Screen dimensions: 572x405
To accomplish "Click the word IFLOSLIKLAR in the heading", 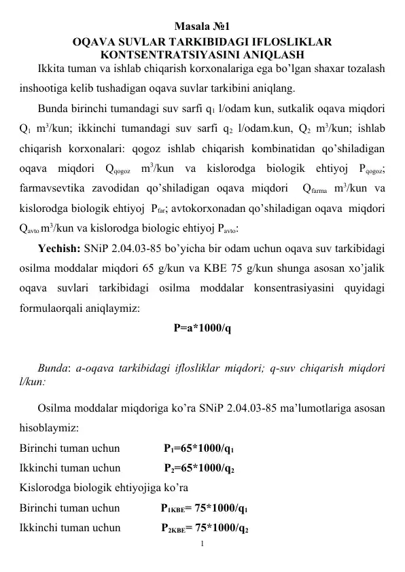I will (277, 42).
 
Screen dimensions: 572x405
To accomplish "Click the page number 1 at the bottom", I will (202, 543).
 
